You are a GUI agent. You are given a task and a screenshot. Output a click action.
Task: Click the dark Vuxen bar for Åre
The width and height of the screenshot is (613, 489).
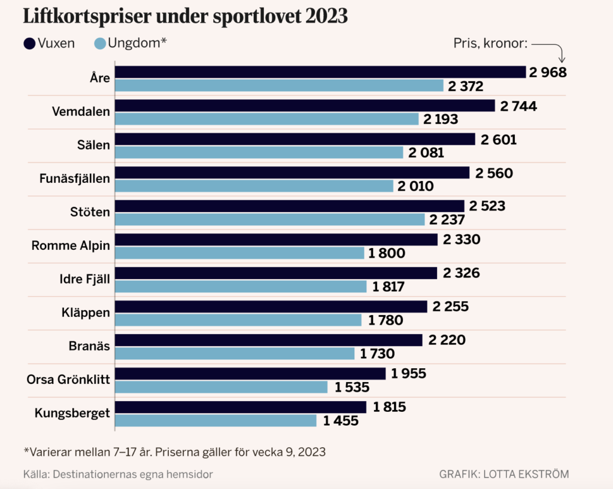point(320,72)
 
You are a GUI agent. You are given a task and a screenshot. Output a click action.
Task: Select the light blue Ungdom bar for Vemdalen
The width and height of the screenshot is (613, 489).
point(266,119)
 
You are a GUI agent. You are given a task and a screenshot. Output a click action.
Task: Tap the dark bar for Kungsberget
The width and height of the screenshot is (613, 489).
point(240,407)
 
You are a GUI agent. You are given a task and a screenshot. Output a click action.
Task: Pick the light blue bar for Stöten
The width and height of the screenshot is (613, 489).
point(269,219)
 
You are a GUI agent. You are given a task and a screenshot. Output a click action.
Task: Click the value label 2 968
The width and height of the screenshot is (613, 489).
point(547,72)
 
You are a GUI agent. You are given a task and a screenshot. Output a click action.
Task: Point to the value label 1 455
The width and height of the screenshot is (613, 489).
point(341,421)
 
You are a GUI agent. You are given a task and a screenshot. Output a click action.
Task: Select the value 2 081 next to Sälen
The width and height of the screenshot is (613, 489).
point(426,152)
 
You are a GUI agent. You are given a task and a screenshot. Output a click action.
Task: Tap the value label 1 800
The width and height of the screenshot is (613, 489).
point(387,253)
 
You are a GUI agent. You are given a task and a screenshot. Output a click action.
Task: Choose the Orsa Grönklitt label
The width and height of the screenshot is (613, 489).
point(68,379)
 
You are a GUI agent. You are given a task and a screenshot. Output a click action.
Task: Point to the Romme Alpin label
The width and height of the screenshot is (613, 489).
point(71,245)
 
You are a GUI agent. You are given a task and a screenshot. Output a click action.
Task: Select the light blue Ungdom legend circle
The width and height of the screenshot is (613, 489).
point(100,44)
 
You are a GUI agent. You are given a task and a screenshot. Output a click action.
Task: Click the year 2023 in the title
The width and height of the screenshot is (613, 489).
point(326,16)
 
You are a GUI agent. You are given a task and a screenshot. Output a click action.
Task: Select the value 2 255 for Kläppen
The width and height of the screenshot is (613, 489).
point(450,307)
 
